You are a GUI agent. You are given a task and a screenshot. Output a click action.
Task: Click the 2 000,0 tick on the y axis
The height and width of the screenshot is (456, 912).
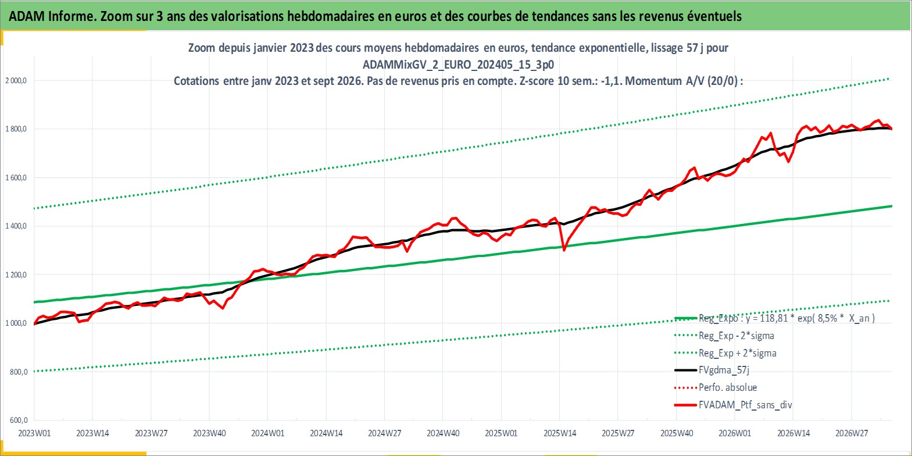pyautogui.click(x=16, y=81)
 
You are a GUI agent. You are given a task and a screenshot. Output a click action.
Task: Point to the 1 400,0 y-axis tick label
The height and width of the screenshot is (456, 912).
pyautogui.click(x=16, y=226)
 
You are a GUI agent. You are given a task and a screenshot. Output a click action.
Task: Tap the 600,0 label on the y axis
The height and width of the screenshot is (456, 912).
pyautogui.click(x=19, y=420)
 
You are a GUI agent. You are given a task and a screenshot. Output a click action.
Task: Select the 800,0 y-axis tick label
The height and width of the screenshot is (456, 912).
pyautogui.click(x=19, y=372)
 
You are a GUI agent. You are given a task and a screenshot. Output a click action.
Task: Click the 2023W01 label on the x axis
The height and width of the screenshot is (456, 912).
pyautogui.click(x=34, y=433)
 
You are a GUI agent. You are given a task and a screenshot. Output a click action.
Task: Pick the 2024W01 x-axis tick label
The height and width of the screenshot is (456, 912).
pyautogui.click(x=267, y=433)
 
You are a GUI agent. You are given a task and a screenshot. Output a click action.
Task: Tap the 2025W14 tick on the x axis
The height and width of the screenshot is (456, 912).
pyautogui.click(x=560, y=433)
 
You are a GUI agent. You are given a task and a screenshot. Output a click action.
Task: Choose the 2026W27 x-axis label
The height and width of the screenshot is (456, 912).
pyautogui.click(x=852, y=433)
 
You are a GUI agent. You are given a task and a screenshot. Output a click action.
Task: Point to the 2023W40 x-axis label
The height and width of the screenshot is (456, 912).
pyautogui.click(x=209, y=433)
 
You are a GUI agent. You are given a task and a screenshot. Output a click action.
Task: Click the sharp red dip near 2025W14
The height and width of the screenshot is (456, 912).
pyautogui.click(x=564, y=250)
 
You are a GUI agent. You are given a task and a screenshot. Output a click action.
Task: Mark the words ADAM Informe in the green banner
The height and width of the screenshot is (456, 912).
pyautogui.click(x=52, y=16)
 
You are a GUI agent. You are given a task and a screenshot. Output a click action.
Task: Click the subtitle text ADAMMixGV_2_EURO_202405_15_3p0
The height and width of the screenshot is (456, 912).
pyautogui.click(x=458, y=65)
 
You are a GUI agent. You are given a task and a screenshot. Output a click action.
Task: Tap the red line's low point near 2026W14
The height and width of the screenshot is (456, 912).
pyautogui.click(x=789, y=162)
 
